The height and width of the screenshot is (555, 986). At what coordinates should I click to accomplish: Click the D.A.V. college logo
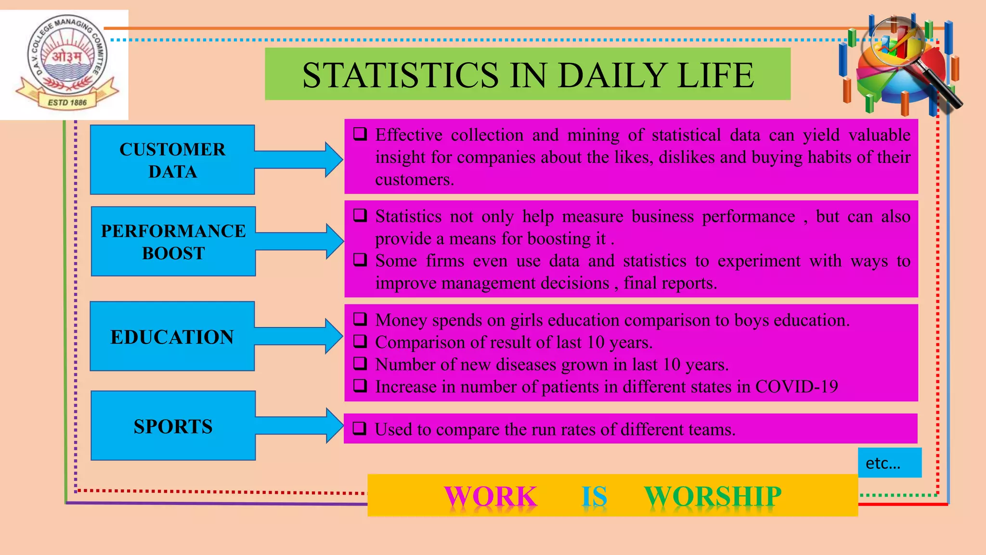[66, 64]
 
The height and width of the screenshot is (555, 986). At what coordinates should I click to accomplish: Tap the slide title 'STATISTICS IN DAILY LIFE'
[528, 75]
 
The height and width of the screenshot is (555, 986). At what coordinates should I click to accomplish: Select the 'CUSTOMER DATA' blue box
[172, 160]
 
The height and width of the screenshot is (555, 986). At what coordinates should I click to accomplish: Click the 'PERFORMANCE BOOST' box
[173, 241]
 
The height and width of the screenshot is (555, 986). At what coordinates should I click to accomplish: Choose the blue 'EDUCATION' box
[172, 336]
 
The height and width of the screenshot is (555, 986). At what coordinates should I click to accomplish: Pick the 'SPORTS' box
[173, 426]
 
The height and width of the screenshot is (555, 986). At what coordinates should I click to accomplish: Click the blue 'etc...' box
[889, 462]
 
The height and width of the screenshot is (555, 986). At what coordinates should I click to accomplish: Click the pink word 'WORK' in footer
[490, 496]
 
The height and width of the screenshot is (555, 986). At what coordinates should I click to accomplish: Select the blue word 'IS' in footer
[594, 496]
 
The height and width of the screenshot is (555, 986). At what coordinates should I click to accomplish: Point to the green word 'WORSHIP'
[713, 496]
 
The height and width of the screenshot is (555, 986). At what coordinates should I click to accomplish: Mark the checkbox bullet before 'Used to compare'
[360, 428]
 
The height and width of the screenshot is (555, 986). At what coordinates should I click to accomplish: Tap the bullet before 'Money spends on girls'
[360, 319]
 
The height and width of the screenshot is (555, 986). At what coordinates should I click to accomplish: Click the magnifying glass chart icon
[899, 65]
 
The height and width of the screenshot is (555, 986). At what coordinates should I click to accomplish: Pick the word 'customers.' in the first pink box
[415, 179]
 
